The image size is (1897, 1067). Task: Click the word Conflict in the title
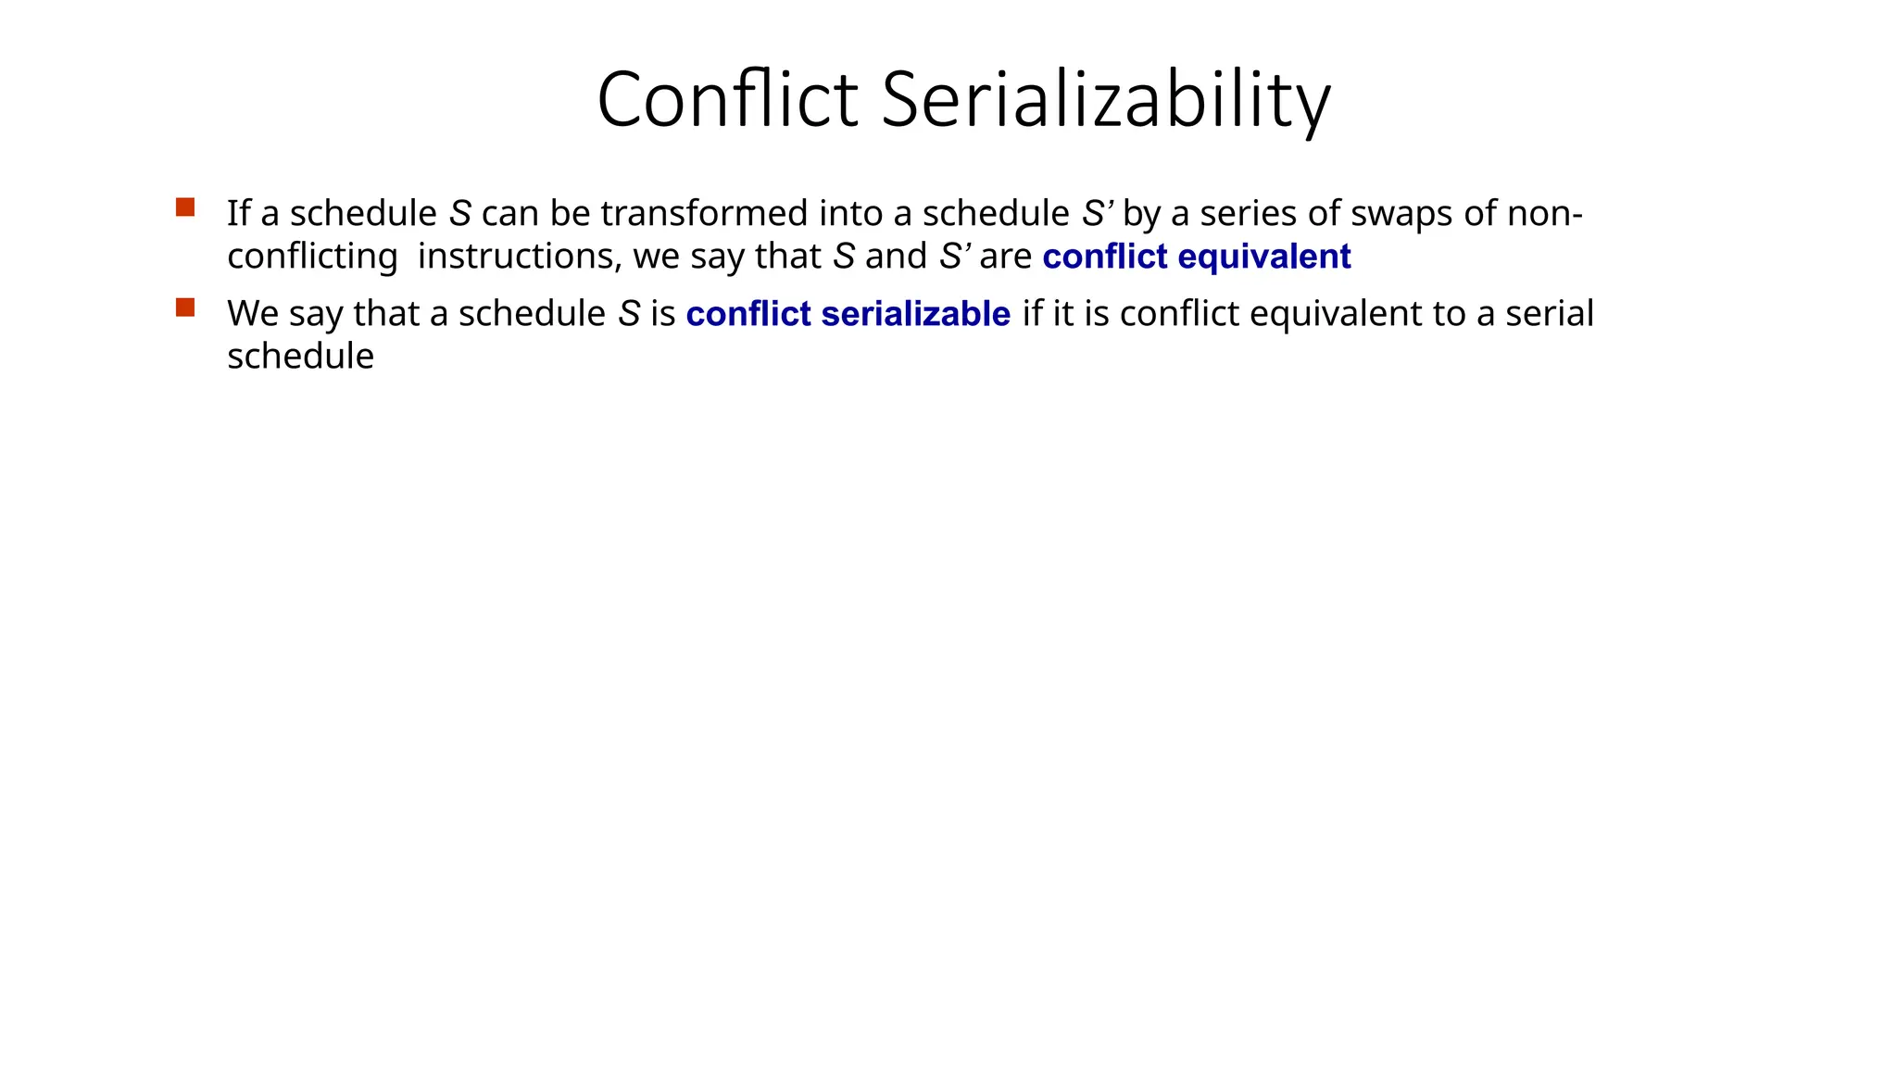[x=727, y=100]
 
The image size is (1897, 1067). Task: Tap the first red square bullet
[x=185, y=207]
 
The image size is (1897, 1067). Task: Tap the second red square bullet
[x=185, y=308]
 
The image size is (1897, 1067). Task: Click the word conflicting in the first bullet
[x=312, y=257]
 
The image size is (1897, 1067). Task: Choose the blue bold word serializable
[x=915, y=314]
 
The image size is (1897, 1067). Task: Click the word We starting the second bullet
[x=253, y=314]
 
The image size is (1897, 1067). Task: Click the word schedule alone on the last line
[x=300, y=357]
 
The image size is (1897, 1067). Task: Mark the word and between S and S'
[x=896, y=257]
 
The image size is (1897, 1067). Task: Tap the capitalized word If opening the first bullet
[x=238, y=214]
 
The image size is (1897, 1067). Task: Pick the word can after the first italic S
[x=509, y=214]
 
